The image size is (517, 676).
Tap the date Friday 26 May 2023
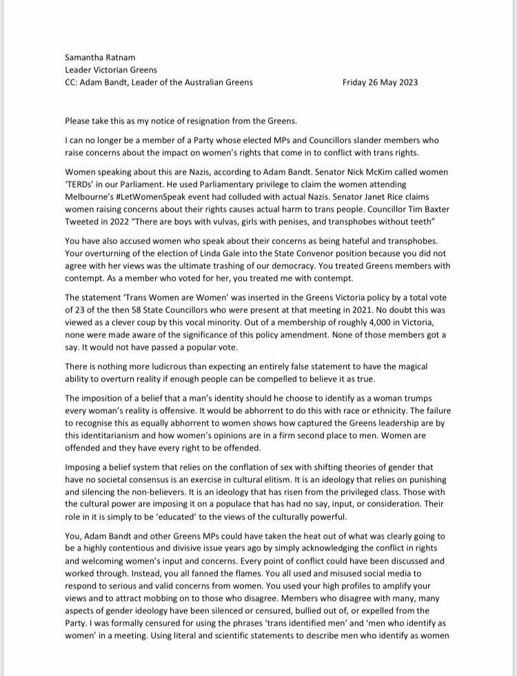click(x=380, y=82)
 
